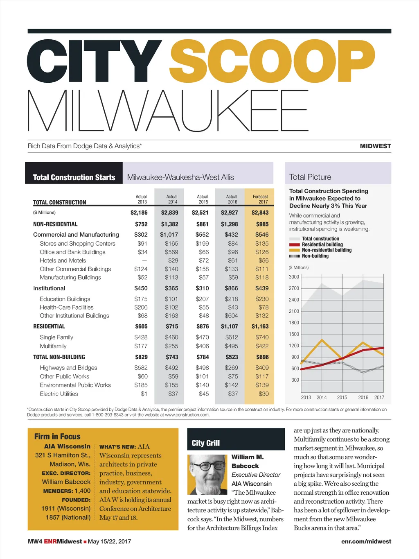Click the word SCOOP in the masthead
pyautogui.click(x=272, y=61)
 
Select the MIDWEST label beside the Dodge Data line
pyautogui.click(x=375, y=146)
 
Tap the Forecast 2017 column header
pyautogui.click(x=260, y=199)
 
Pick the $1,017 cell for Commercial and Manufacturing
pyautogui.click(x=169, y=235)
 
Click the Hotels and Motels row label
pyautogui.click(x=63, y=260)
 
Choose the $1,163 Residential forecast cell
pyautogui.click(x=260, y=326)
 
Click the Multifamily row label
pyautogui.click(x=53, y=346)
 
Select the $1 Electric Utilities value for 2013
pyautogui.click(x=144, y=394)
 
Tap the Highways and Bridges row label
pyautogui.click(x=68, y=368)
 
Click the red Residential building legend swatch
pyautogui.click(x=295, y=244)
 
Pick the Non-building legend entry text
pyautogui.click(x=315, y=256)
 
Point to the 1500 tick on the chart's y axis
pyautogui.click(x=294, y=334)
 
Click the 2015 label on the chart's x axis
pyautogui.click(x=342, y=397)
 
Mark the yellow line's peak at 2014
pyautogui.click(x=322, y=339)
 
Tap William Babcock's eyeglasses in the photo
pyautogui.click(x=208, y=466)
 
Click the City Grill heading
pyautogui.click(x=205, y=443)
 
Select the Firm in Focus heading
pyautogui.click(x=57, y=437)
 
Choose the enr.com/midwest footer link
pyautogui.click(x=366, y=541)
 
